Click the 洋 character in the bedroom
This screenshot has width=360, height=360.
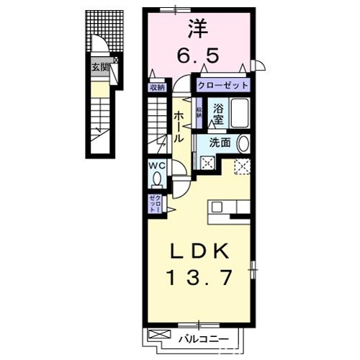pos(198,30)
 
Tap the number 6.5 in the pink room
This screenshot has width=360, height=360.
pos(198,54)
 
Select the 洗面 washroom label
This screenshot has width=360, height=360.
pos(220,143)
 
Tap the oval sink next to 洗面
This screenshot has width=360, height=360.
pos(243,143)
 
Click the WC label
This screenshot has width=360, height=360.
pos(156,165)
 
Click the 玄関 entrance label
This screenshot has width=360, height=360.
pos(100,68)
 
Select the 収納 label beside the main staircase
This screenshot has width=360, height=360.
pos(157,88)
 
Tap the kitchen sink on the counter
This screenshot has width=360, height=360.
pos(218,207)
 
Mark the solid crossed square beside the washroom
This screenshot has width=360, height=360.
pos(207,163)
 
